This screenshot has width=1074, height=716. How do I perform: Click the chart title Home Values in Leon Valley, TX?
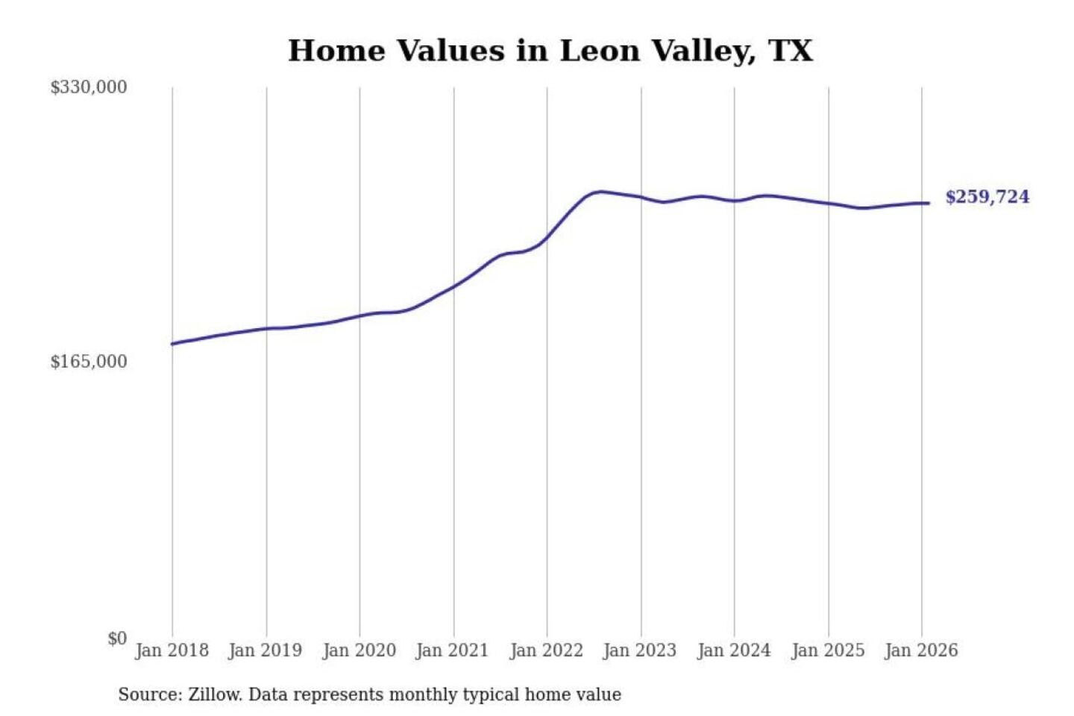pyautogui.click(x=550, y=51)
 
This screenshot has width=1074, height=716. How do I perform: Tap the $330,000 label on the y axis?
pyautogui.click(x=89, y=87)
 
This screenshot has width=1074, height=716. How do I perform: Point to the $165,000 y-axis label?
pyautogui.click(x=89, y=362)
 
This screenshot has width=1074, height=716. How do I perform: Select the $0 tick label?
pyautogui.click(x=117, y=638)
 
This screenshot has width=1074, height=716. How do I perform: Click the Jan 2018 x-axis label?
pyautogui.click(x=172, y=650)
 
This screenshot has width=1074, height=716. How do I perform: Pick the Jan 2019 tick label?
pyautogui.click(x=265, y=650)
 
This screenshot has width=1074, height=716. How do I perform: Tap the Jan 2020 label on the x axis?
pyautogui.click(x=359, y=650)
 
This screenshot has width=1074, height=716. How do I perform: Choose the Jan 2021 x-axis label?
pyautogui.click(x=452, y=650)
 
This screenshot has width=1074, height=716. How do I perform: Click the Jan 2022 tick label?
pyautogui.click(x=546, y=650)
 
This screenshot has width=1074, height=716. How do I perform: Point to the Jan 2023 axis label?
pyautogui.click(x=639, y=650)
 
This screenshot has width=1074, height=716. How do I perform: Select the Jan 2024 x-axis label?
pyautogui.click(x=733, y=650)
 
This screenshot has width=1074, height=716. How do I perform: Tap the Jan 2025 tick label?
pyautogui.click(x=827, y=650)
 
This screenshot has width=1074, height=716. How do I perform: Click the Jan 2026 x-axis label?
pyautogui.click(x=920, y=650)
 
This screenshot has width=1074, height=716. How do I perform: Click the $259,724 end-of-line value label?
pyautogui.click(x=987, y=197)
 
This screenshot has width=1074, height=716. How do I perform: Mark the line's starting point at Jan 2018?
pyautogui.click(x=172, y=344)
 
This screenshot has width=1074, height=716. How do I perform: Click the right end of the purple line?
pyautogui.click(x=929, y=203)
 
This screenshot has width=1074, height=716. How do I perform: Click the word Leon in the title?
pyautogui.click(x=600, y=51)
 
